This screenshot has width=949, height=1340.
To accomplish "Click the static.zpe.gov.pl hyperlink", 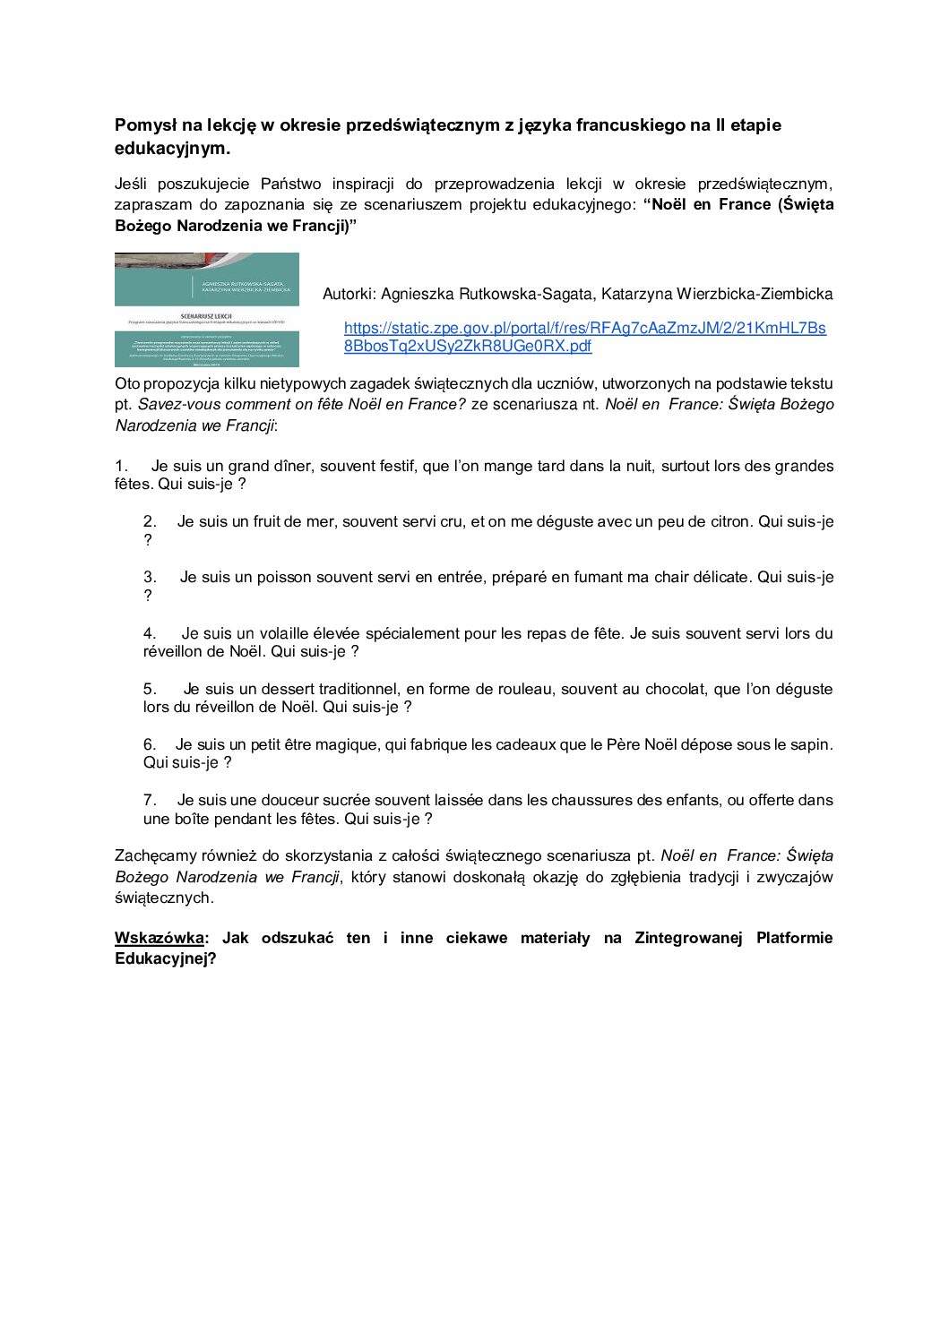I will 584,337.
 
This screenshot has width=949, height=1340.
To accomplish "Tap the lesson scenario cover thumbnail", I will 207,310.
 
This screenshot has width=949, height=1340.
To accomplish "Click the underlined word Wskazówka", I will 159,938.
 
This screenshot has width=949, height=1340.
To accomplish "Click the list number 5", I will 150,689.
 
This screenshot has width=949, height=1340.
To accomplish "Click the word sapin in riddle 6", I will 811,744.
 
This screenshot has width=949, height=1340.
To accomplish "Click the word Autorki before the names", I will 348,294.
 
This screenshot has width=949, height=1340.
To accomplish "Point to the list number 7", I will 150,800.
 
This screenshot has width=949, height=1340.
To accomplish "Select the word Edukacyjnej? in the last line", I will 166,958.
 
